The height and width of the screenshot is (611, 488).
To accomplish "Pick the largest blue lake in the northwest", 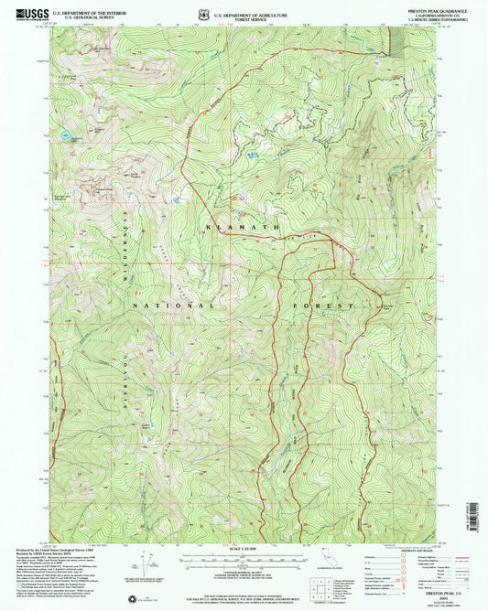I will (66, 135).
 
